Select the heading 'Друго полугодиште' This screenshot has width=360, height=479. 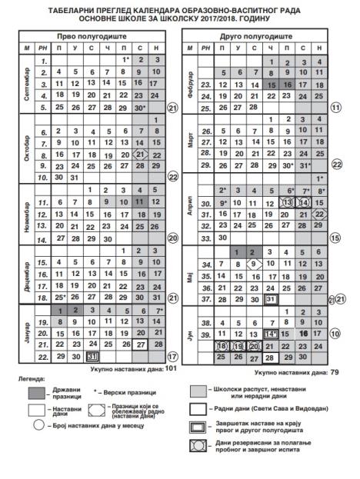point(258,37)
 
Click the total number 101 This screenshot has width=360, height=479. point(171,368)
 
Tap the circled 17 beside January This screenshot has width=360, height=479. point(172,356)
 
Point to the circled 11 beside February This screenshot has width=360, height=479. point(335,108)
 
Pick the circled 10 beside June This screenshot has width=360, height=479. point(335,335)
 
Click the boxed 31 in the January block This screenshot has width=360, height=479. point(92,356)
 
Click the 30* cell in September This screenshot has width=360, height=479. point(141,107)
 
